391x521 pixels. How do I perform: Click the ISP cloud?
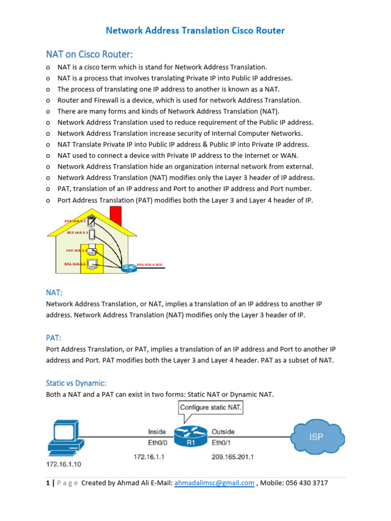316,437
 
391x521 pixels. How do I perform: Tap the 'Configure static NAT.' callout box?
210,408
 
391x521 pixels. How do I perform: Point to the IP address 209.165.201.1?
233,457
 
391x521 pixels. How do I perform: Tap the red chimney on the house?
116,215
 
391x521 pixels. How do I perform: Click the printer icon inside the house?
92,250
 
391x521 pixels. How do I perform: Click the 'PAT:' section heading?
54,337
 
